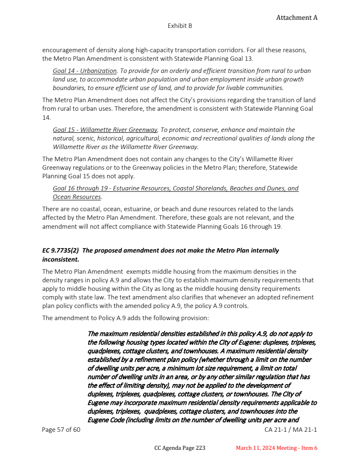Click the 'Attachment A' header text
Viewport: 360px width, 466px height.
click(297, 18)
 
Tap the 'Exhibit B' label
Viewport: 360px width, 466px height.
click(180, 26)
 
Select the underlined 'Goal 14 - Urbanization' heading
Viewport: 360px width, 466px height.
click(85, 71)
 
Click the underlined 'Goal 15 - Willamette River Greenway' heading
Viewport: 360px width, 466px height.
click(105, 130)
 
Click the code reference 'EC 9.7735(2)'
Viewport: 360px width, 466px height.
click(61, 250)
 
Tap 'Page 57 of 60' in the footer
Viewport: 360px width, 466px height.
click(61, 430)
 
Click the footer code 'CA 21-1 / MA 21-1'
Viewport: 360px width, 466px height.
click(291, 430)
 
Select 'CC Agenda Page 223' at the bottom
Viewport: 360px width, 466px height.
click(180, 448)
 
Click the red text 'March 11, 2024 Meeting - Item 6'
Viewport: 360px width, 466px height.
click(277, 448)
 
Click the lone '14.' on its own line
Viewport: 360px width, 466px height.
click(47, 117)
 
